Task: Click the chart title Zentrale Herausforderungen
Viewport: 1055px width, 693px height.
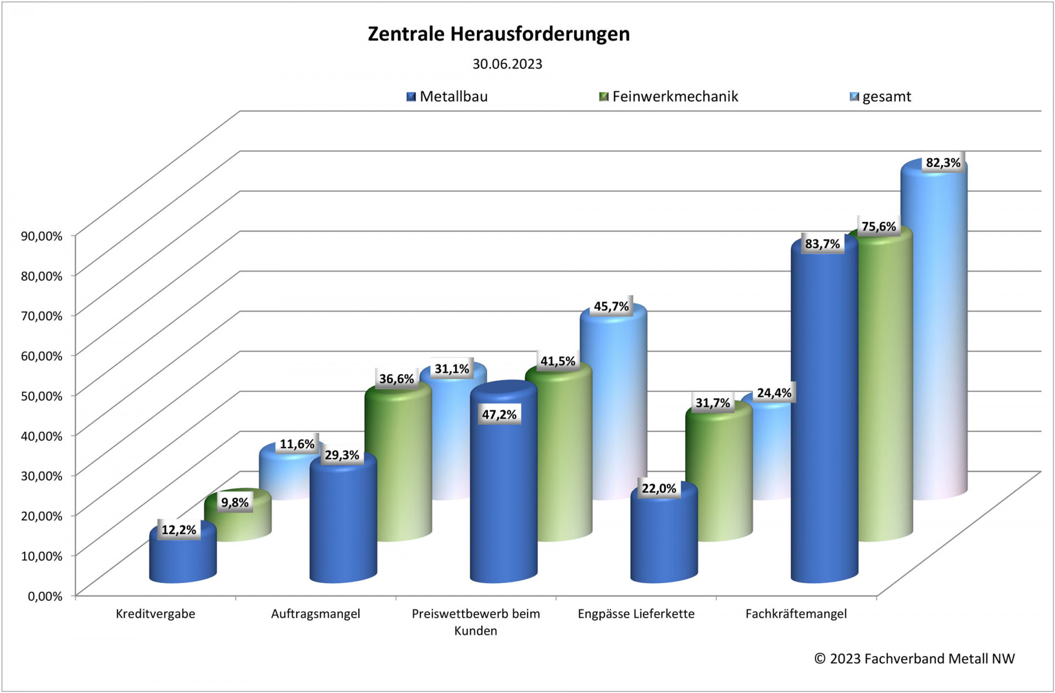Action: point(498,34)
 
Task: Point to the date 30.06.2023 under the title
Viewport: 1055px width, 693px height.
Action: point(507,64)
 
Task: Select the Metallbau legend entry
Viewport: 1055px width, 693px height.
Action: point(447,97)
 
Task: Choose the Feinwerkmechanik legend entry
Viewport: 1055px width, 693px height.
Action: point(669,97)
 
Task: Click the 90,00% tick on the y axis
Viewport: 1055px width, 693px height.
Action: point(42,236)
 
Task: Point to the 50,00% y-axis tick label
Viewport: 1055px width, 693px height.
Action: point(42,396)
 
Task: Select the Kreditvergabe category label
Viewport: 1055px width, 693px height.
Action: point(155,614)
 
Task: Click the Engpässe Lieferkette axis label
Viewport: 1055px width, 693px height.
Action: point(636,614)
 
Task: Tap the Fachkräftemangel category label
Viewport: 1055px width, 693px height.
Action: point(796,614)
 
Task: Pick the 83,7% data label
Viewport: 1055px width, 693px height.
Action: point(822,244)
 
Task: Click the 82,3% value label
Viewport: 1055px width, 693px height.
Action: point(943,163)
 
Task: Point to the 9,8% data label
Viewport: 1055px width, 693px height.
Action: point(235,502)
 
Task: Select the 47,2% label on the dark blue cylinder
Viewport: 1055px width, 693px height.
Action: point(499,415)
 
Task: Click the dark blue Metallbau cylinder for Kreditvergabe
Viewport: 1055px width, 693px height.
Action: point(182,558)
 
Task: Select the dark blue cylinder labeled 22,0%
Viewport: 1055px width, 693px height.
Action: point(664,541)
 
